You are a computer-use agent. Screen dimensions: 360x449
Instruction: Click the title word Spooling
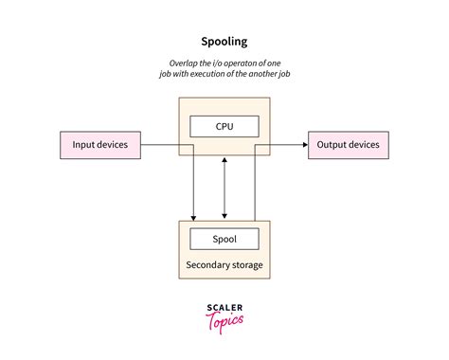(x=224, y=41)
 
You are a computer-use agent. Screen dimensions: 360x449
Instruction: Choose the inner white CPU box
(x=224, y=125)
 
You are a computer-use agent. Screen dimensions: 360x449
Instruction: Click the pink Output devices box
(x=348, y=146)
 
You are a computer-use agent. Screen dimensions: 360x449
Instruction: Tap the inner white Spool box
(x=224, y=239)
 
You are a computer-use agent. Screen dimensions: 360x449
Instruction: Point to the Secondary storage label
(x=224, y=264)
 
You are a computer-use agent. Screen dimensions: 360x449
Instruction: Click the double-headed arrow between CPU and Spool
(x=224, y=189)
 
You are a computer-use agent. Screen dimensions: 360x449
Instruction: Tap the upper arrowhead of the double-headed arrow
(x=224, y=162)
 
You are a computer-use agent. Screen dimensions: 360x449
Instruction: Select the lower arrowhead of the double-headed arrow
(x=224, y=217)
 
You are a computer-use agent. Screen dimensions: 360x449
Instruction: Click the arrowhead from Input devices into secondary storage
(x=193, y=217)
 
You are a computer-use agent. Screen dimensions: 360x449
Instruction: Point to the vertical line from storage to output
(x=255, y=185)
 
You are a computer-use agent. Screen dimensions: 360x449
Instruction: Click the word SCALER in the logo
(x=224, y=307)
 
